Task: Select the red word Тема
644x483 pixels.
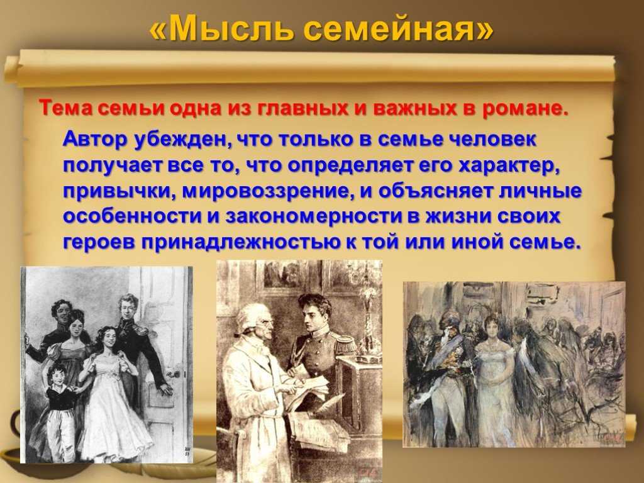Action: [x=66, y=108]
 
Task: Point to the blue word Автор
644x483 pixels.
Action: [x=96, y=139]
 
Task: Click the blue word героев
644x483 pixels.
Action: [x=100, y=242]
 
